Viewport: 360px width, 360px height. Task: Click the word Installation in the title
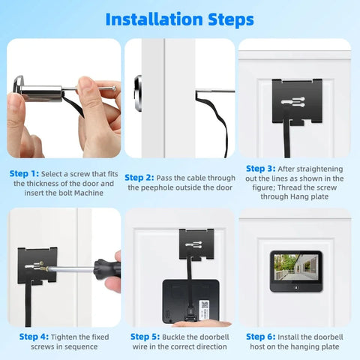point(154,19)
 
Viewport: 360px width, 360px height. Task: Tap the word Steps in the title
point(231,20)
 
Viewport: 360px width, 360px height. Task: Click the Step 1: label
point(24,173)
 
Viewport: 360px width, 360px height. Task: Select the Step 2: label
point(139,178)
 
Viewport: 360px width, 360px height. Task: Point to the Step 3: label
point(261,169)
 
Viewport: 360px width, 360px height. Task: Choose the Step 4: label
point(34,337)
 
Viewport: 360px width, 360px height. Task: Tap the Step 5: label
point(145,337)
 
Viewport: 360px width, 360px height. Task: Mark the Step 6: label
point(261,337)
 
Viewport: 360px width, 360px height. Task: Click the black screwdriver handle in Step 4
point(108,268)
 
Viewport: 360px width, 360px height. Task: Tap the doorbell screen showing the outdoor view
point(296,267)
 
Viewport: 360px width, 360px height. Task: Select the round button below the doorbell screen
point(296,288)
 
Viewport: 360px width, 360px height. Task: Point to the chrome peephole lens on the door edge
point(138,93)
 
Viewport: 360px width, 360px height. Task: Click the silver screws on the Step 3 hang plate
point(293,102)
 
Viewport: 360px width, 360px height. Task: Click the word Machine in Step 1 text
point(88,193)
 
